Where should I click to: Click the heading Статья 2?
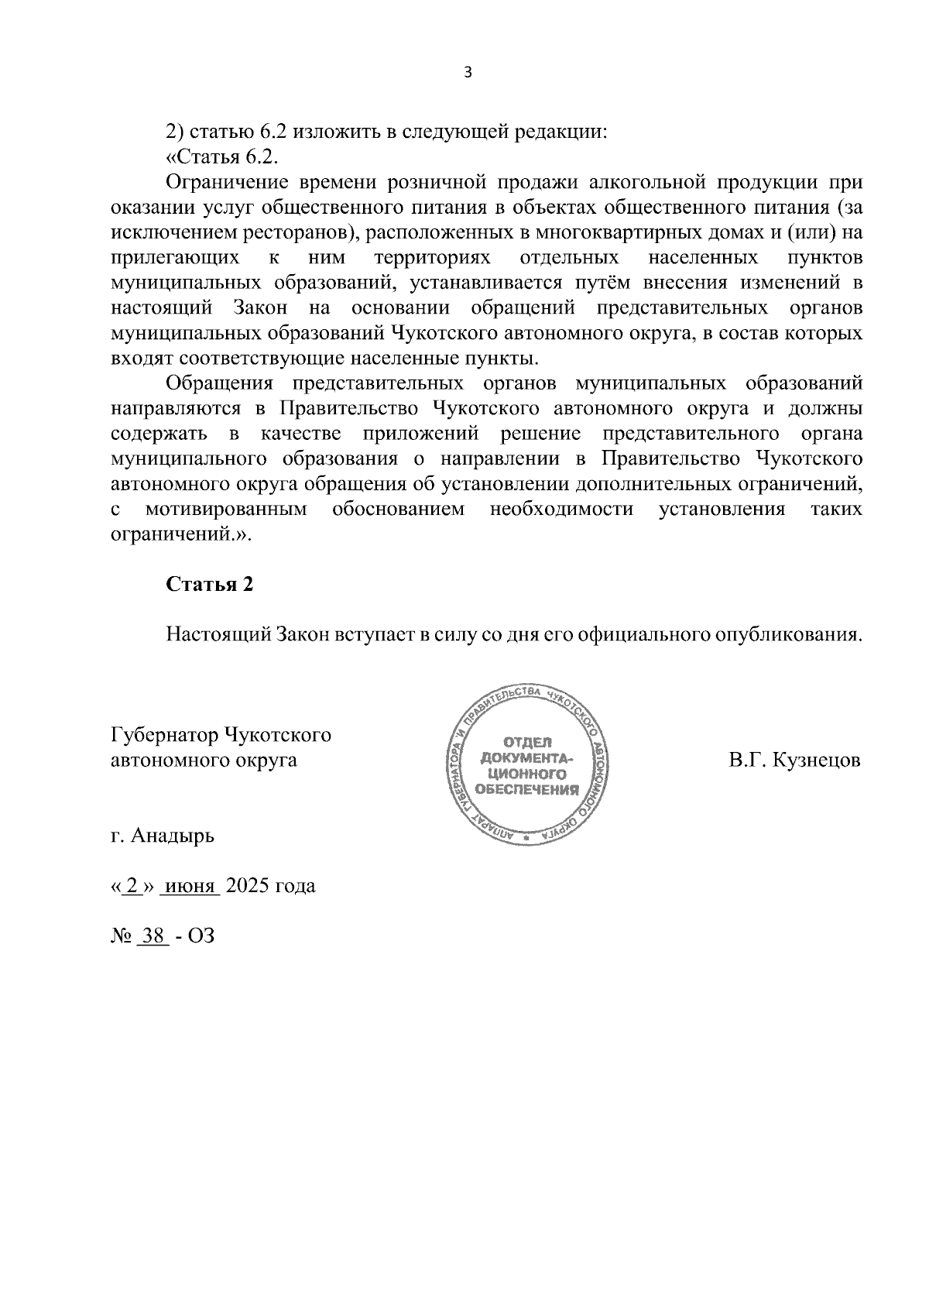[x=210, y=585]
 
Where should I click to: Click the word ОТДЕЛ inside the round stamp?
[x=528, y=742]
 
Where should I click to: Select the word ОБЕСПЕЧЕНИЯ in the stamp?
[x=528, y=791]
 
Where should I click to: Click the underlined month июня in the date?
[x=190, y=886]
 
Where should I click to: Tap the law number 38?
[x=153, y=936]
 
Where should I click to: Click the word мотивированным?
[x=226, y=510]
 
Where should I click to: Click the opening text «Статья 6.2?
[x=221, y=158]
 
